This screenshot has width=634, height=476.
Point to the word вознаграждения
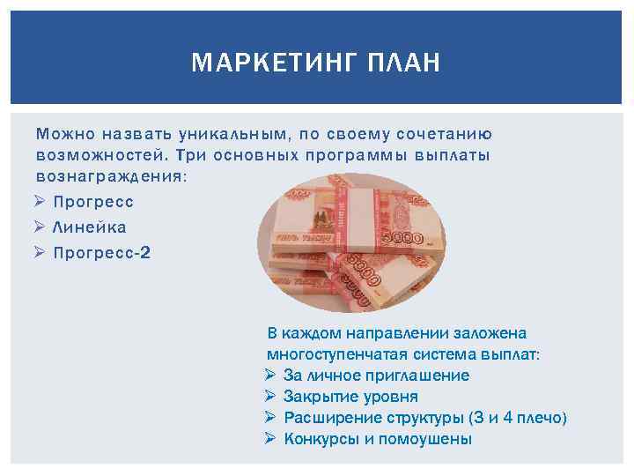pyautogui.click(x=111, y=175)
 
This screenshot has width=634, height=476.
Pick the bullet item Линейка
pyautogui.click(x=90, y=227)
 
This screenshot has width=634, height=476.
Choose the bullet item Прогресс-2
pyautogui.click(x=102, y=253)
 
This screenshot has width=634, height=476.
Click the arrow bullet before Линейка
pyautogui.click(x=41, y=227)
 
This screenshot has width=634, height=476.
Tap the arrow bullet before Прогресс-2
pyautogui.click(x=41, y=253)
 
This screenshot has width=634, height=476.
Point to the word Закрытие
pyautogui.click(x=317, y=397)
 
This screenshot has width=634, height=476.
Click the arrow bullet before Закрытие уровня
pyautogui.click(x=269, y=397)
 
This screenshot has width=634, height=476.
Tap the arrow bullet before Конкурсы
pyautogui.click(x=269, y=439)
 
